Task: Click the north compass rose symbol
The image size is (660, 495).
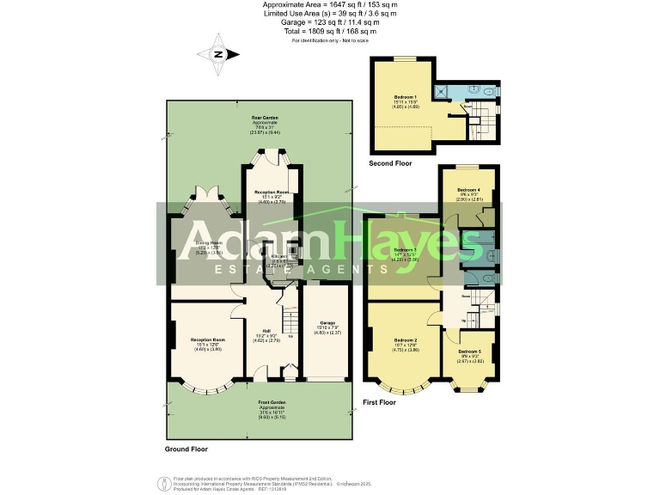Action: click(218, 54)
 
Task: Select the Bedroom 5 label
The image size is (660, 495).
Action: click(469, 356)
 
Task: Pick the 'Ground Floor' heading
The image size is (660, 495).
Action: click(186, 449)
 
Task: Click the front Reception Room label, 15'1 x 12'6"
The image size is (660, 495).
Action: click(206, 344)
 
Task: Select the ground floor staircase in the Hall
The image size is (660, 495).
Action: click(290, 325)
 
